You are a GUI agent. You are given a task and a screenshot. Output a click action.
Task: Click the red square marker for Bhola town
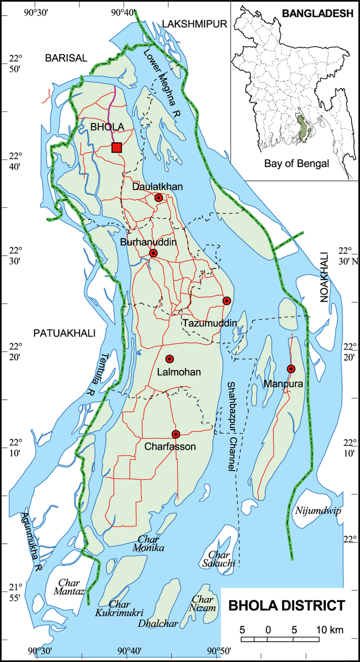click(117, 147)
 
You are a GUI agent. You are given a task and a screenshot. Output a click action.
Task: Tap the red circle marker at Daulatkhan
click(159, 197)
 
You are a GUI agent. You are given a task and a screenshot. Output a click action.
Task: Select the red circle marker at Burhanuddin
click(154, 253)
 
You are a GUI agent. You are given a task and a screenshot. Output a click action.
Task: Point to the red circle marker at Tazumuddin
click(226, 300)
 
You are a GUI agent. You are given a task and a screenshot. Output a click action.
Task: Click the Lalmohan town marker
click(170, 359)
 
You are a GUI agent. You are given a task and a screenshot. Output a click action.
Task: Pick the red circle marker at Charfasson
click(176, 434)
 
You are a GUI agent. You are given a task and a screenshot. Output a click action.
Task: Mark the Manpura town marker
click(291, 368)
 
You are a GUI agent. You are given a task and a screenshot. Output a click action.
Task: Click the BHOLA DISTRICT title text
click(286, 606)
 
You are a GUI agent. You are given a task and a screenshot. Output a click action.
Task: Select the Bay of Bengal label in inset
click(296, 164)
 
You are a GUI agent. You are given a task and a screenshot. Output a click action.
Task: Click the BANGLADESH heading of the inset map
click(318, 14)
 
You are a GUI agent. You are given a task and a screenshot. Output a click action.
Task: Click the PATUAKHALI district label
click(64, 334)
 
